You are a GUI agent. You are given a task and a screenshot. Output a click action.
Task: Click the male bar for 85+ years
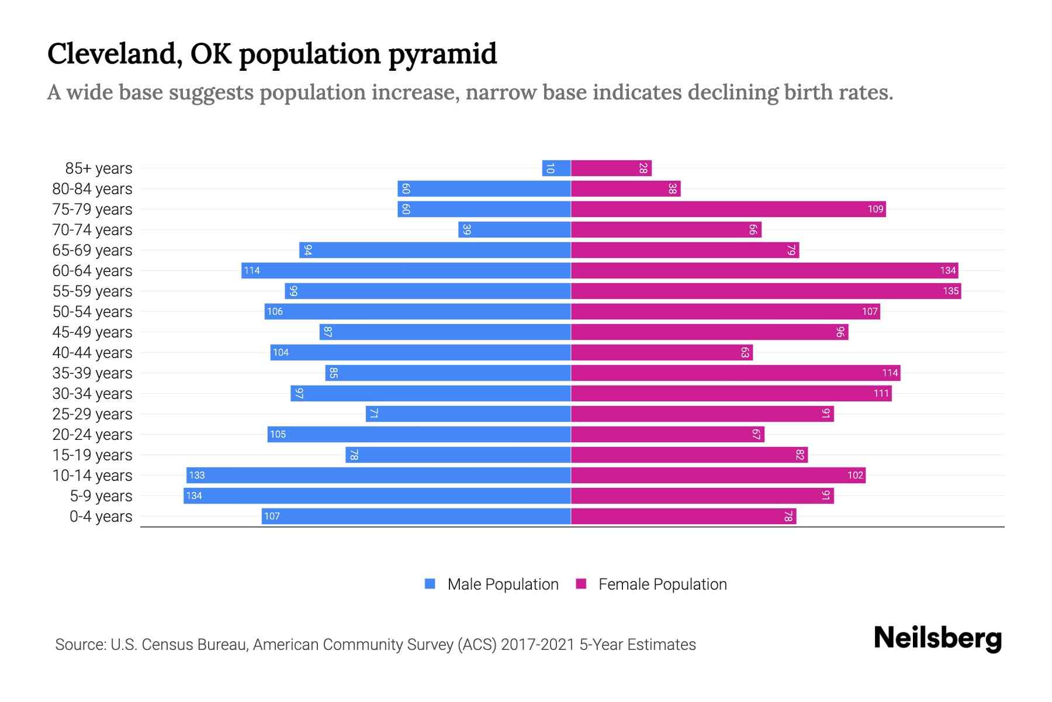(556, 168)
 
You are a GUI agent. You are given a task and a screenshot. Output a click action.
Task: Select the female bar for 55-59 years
(766, 291)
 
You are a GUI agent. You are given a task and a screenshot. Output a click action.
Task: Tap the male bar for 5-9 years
(377, 496)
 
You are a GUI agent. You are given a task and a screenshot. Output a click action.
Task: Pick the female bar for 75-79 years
(728, 209)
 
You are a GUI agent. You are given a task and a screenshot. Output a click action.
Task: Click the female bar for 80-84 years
(625, 189)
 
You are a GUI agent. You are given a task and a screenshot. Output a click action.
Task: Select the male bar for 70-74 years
(514, 230)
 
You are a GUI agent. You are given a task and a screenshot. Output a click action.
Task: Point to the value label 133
(197, 476)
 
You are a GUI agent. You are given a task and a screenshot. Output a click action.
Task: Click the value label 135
(950, 291)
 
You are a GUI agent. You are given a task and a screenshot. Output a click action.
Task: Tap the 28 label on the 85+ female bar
(643, 168)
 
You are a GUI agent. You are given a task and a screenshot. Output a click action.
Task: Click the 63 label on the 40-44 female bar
(745, 353)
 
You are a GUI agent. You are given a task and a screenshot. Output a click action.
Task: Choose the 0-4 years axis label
(101, 517)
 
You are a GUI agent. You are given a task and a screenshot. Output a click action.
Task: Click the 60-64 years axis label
(92, 271)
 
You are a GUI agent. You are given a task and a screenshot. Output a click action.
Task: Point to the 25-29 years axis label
(92, 414)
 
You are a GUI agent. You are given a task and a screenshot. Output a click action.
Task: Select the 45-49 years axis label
(92, 332)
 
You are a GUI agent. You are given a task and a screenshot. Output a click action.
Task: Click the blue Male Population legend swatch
(430, 584)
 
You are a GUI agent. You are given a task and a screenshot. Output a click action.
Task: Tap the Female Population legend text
(662, 584)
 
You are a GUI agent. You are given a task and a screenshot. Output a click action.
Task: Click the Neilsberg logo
(937, 638)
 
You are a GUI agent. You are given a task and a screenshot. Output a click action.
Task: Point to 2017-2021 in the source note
(538, 645)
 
